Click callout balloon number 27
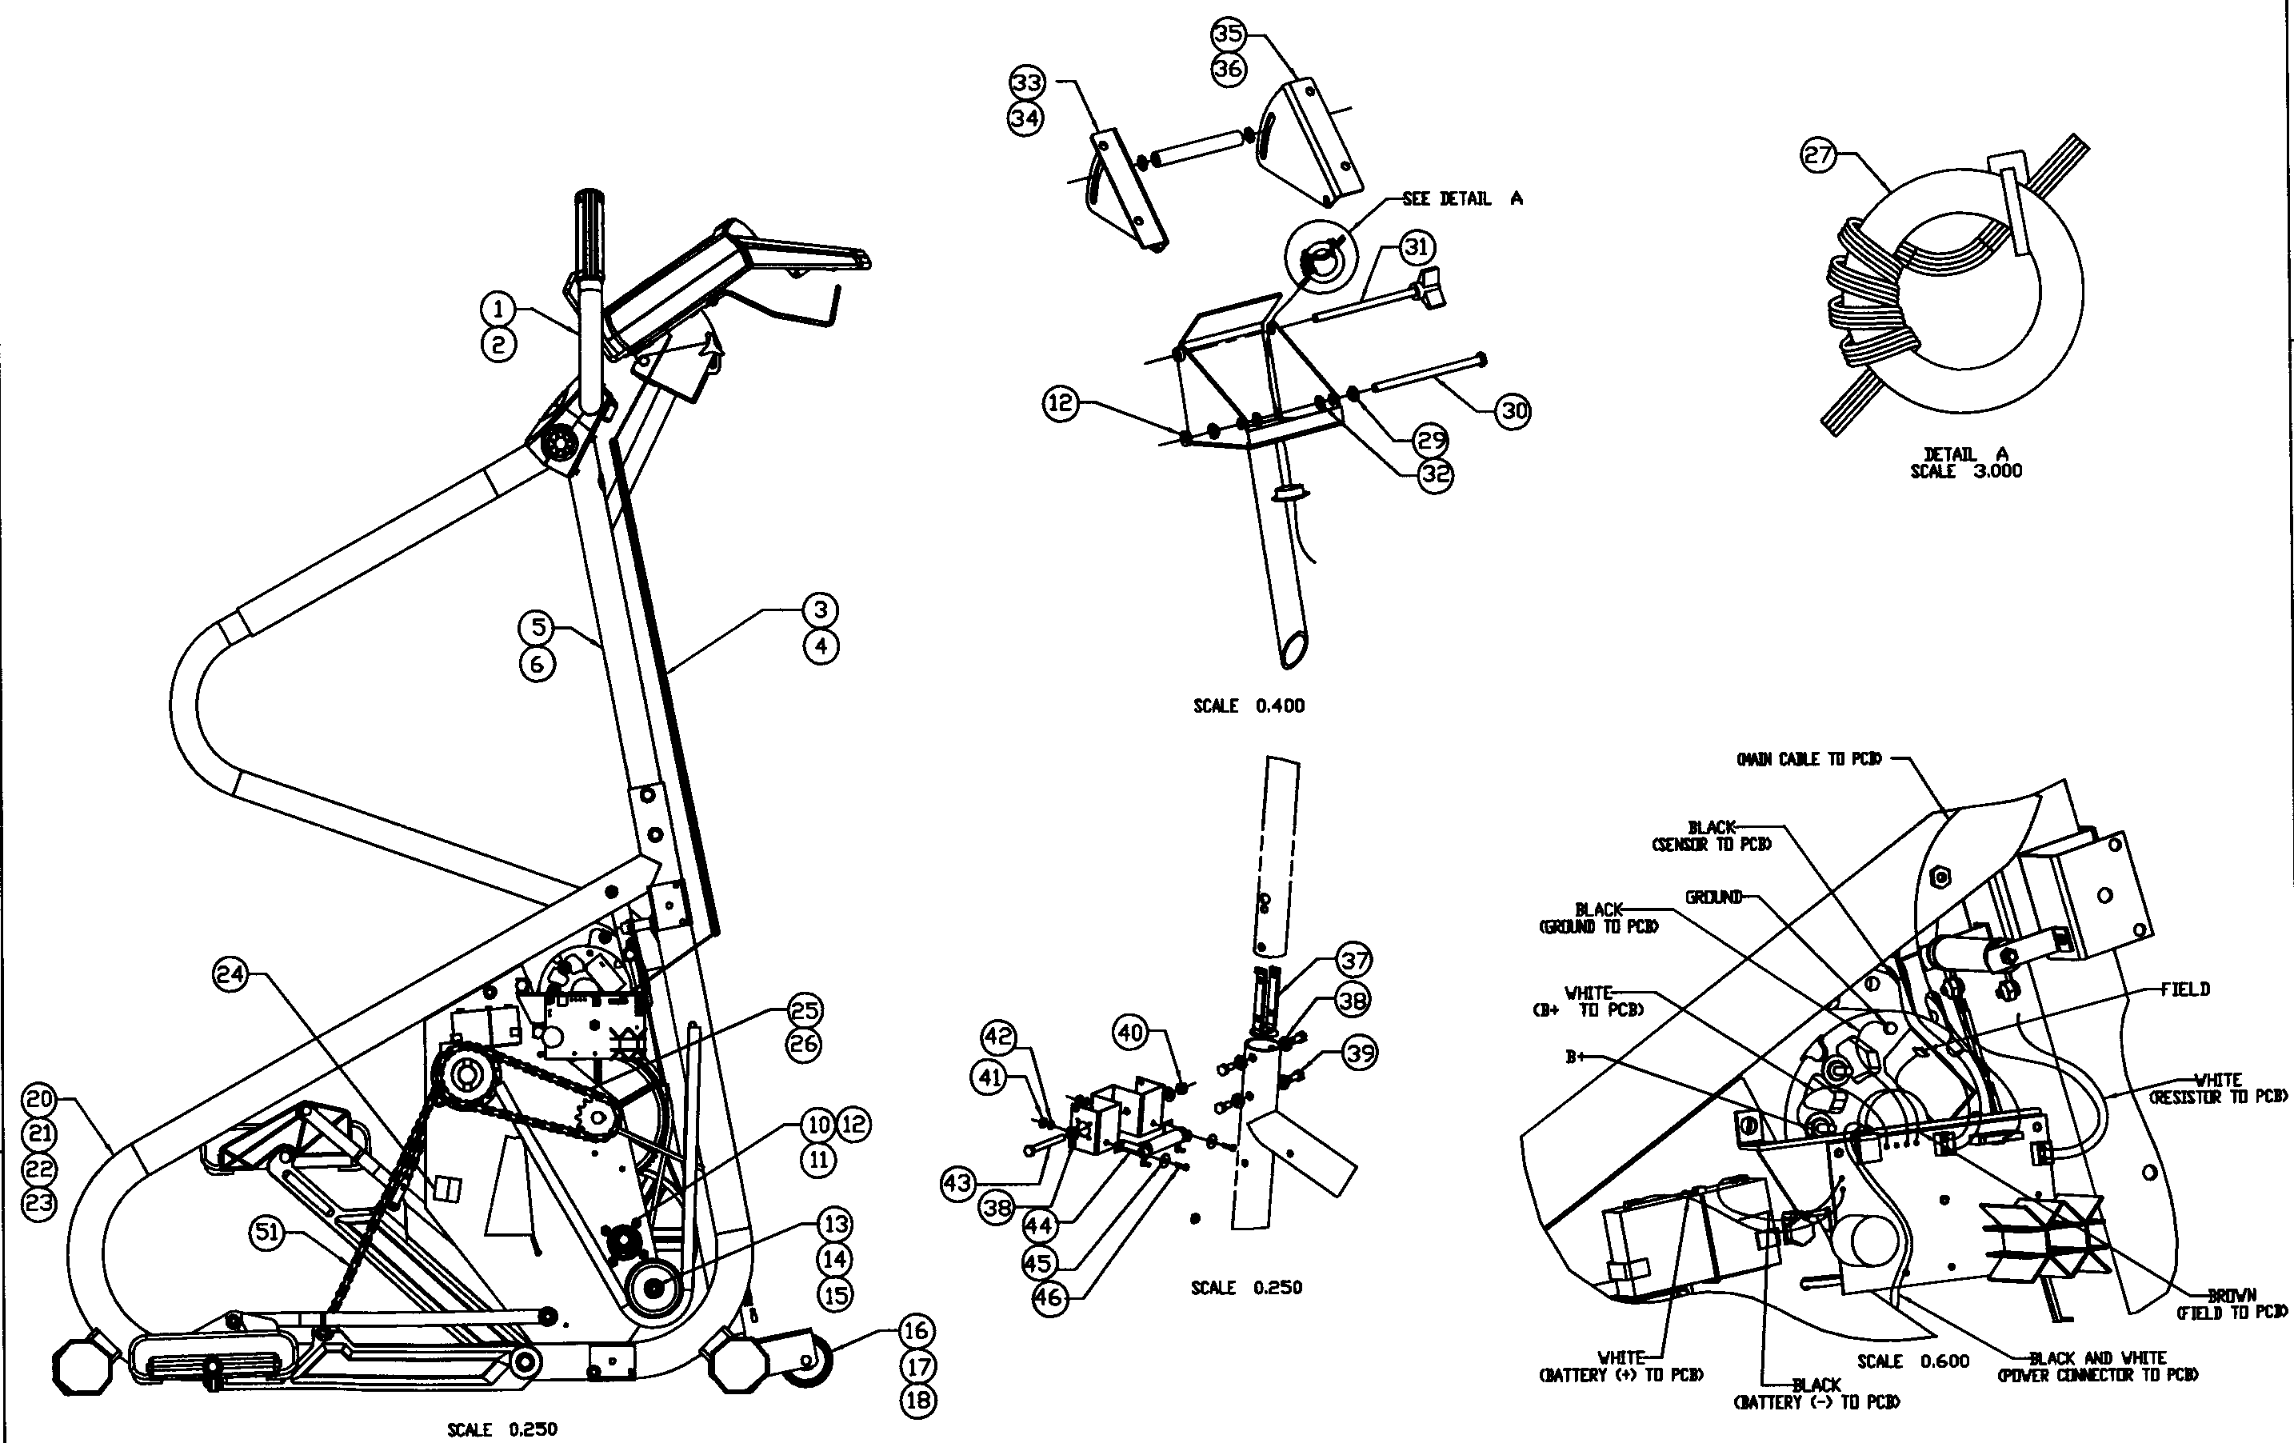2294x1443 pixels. [1817, 154]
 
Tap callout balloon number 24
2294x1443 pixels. [230, 974]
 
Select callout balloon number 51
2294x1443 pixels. [266, 1233]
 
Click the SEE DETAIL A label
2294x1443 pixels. [1462, 198]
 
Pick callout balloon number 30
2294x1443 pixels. [1514, 410]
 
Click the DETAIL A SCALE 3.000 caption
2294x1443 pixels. [1965, 463]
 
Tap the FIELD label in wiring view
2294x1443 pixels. [2184, 989]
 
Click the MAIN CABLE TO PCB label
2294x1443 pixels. [1809, 759]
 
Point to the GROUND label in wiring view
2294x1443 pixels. [1714, 897]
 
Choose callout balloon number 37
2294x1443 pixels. [1353, 960]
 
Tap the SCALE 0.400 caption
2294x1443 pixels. [1249, 706]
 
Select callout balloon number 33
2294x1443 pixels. [1027, 83]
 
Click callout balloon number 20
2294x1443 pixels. [39, 1099]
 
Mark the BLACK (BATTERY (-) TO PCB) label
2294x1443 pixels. [1816, 1393]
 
